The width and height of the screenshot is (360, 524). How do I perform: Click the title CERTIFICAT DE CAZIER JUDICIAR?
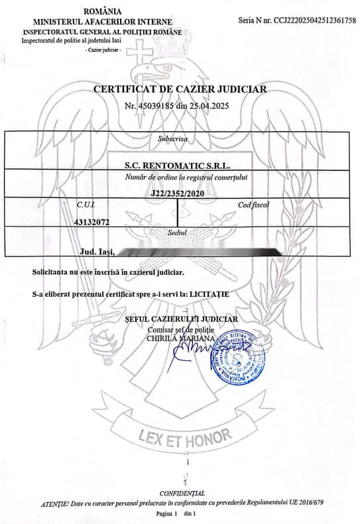180,88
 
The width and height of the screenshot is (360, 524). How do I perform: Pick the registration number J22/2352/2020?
174,193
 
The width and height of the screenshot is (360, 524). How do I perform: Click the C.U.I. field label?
86,205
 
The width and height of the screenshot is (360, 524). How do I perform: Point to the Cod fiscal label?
253,205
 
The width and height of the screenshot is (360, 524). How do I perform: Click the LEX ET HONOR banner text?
184,435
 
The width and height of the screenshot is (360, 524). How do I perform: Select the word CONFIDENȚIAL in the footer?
182,494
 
